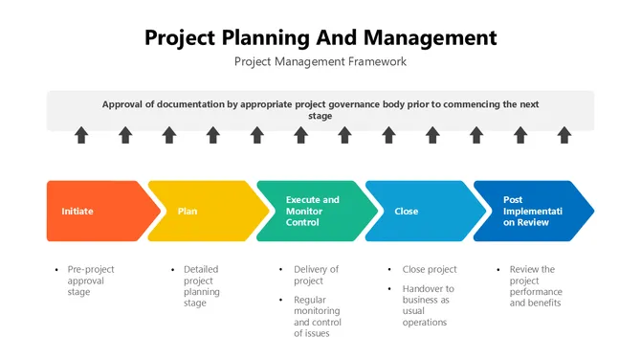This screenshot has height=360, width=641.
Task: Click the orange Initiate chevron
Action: point(96,211)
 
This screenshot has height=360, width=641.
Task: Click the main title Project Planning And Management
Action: point(320,37)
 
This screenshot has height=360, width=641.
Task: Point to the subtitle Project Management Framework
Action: point(320,61)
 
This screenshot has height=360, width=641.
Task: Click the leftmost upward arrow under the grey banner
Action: point(81,135)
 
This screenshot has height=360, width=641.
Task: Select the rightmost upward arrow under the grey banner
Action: point(564,135)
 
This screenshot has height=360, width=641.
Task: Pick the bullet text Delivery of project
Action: point(316,275)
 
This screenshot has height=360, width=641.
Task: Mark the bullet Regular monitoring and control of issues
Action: point(318,317)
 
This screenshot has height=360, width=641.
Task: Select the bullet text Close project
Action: point(430,269)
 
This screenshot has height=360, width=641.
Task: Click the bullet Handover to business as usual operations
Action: point(428,305)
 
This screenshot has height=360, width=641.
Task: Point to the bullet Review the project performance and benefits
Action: point(536,286)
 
